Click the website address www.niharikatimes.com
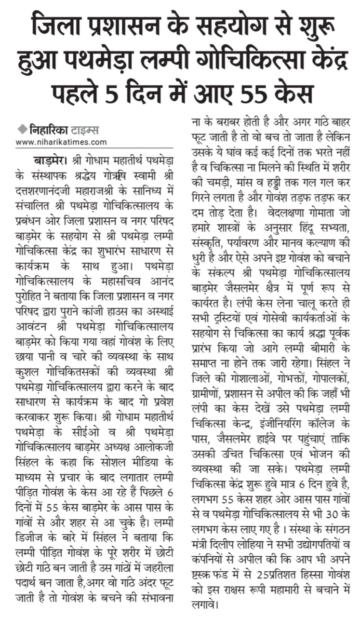61,142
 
